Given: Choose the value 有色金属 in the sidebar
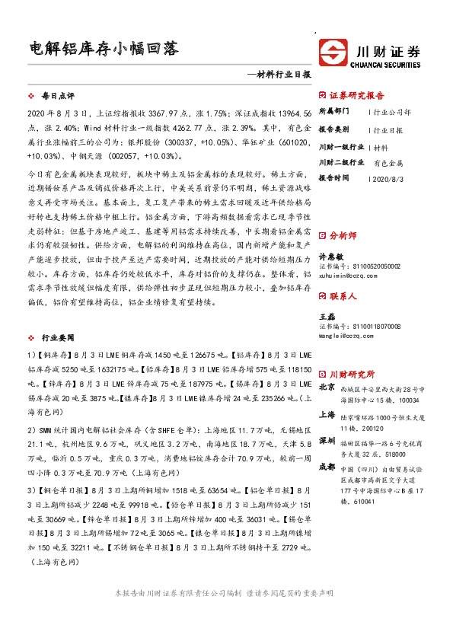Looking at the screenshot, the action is pos(388,163).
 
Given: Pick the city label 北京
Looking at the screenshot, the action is pos(327,387).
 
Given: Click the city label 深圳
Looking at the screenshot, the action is pos(327,442).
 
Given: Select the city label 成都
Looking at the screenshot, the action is pos(327,467).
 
